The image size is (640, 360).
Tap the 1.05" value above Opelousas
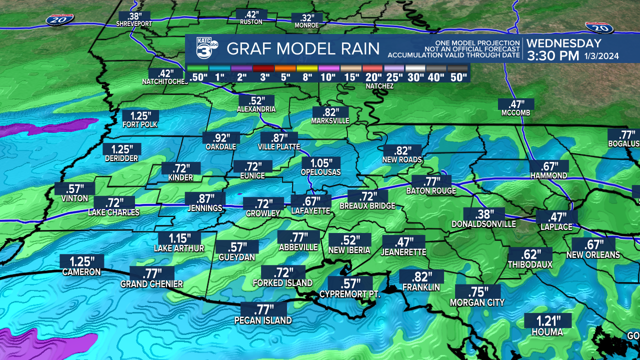pyautogui.click(x=321, y=163)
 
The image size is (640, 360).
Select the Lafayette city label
pyautogui.click(x=310, y=211)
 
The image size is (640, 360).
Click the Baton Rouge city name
pyautogui.click(x=431, y=191)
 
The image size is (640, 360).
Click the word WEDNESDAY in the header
pyautogui.click(x=563, y=43)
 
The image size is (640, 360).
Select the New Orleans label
pyautogui.click(x=593, y=255)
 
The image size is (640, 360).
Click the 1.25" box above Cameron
pyautogui.click(x=81, y=261)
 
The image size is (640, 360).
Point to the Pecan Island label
pyautogui.click(x=263, y=320)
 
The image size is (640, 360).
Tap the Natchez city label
pyautogui.click(x=379, y=86)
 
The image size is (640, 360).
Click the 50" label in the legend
pyautogui.click(x=458, y=77)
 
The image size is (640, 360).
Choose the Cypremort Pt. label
pyautogui.click(x=350, y=294)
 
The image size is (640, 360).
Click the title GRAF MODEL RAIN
pyautogui.click(x=303, y=48)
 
